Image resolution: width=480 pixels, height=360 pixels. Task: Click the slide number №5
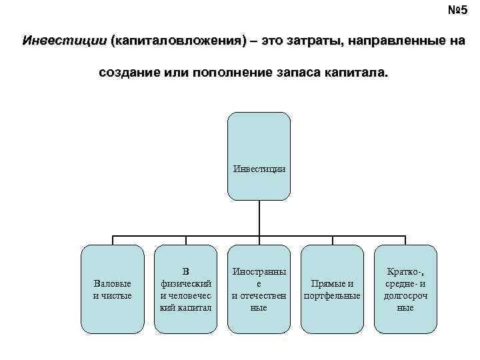tap(458, 11)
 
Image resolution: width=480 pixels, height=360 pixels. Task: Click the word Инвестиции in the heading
tap(64, 41)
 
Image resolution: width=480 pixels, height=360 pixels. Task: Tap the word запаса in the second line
tap(298, 72)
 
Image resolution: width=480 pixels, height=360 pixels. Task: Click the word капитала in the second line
tap(356, 72)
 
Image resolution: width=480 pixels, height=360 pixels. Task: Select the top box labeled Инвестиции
tap(259, 156)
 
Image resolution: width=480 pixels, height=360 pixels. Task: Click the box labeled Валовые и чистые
tap(113, 289)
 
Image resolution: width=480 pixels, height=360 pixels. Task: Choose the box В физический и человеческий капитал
tap(186, 289)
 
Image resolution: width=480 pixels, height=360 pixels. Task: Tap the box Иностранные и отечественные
tap(259, 289)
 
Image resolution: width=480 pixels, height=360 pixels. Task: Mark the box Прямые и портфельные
tap(333, 289)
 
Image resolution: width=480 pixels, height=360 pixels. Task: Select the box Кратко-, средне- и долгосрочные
tap(406, 289)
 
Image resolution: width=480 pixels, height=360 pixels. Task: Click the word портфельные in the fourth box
tap(333, 295)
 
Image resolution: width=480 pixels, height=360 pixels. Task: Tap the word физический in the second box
tap(186, 283)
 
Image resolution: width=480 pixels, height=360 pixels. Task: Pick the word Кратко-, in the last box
tap(406, 272)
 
